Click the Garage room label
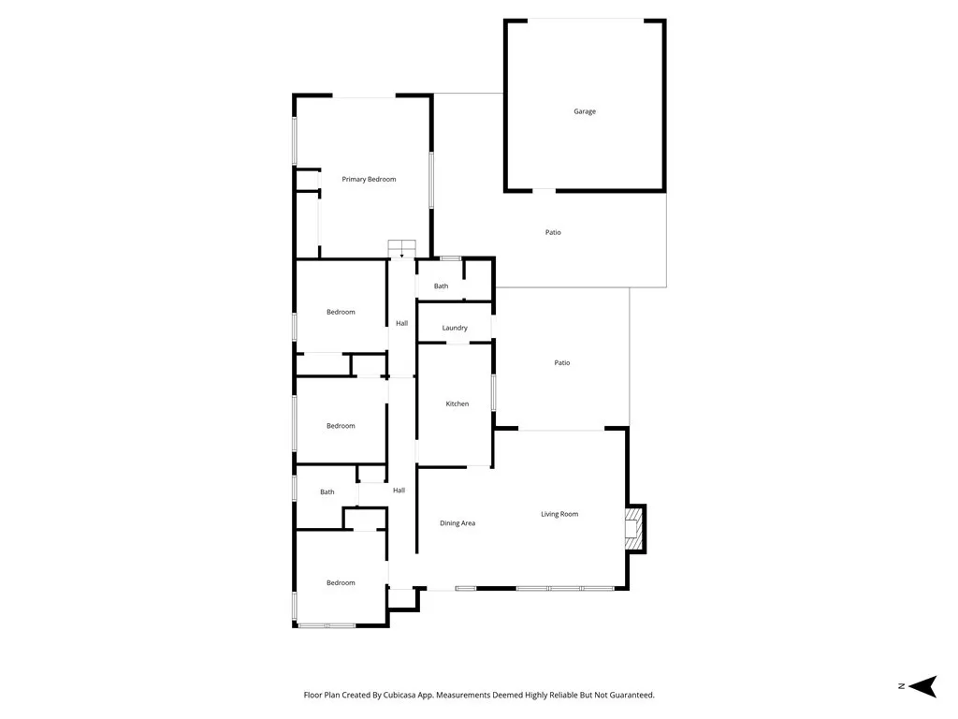tap(585, 111)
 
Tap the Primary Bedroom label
tap(369, 179)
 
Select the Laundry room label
tap(455, 328)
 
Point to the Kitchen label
tap(457, 404)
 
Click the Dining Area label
tap(457, 523)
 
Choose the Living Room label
tap(559, 514)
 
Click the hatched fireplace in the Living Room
tap(635, 528)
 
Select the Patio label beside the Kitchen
tap(562, 362)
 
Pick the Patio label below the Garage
tap(553, 232)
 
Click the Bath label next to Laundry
tap(441, 286)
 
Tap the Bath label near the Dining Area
tap(327, 492)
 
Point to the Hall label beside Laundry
tap(401, 323)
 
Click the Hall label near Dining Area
tap(399, 491)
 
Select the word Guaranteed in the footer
tap(630, 696)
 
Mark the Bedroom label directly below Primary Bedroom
tap(341, 312)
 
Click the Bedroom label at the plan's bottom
tap(341, 582)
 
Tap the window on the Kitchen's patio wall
tap(493, 392)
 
